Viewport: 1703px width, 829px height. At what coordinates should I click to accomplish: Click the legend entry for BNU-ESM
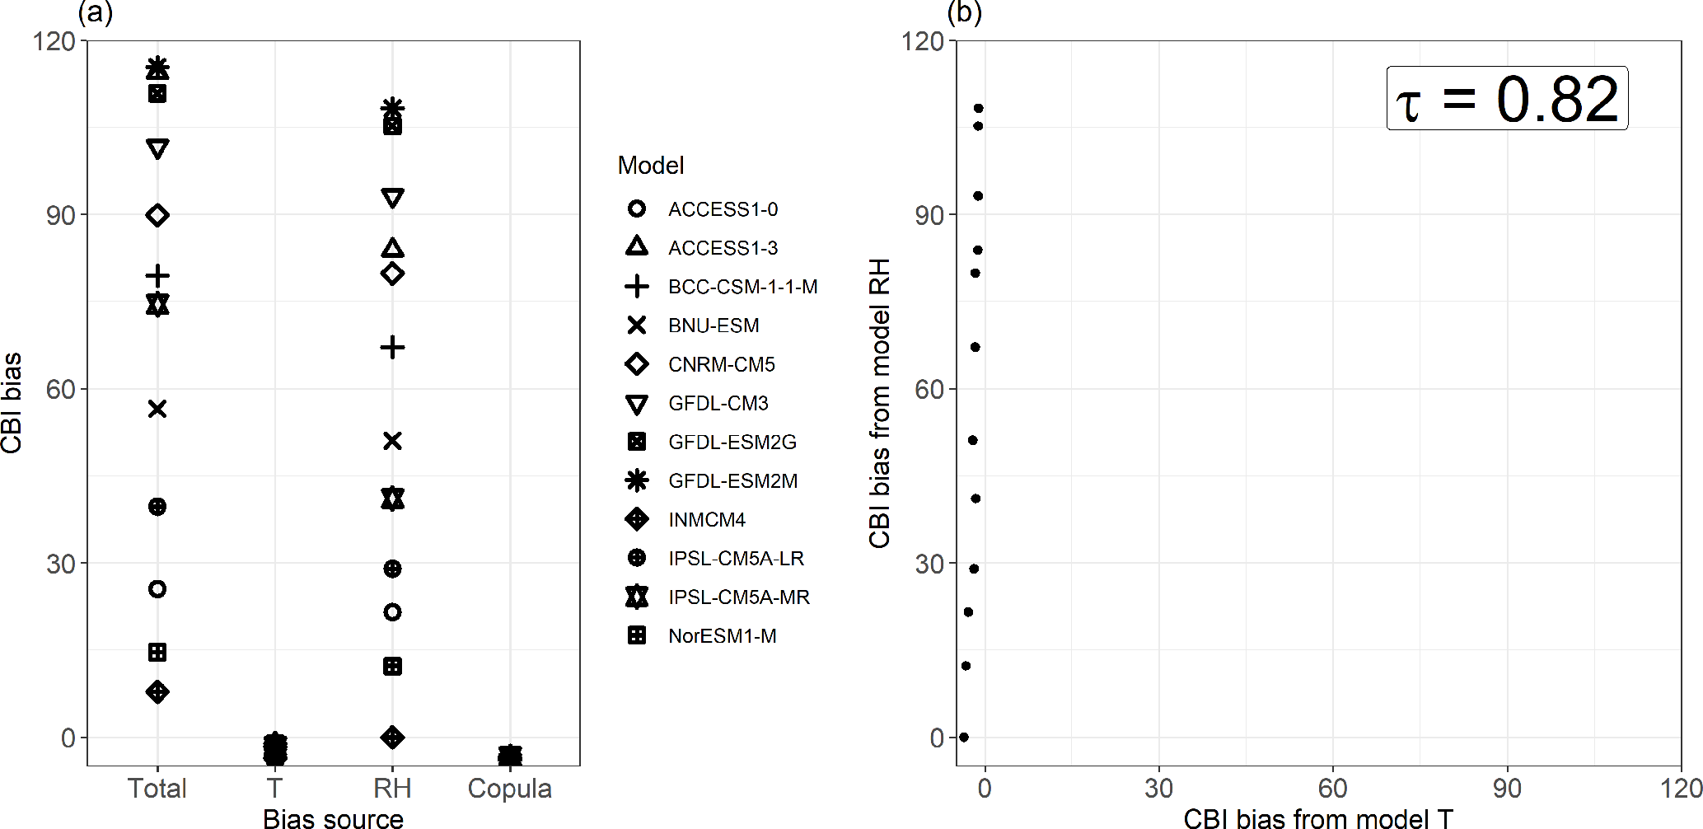coord(713,326)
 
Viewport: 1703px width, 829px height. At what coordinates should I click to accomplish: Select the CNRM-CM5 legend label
coord(721,364)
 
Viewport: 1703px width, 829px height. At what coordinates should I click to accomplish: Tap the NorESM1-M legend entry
coord(722,636)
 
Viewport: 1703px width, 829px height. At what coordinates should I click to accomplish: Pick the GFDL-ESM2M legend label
coord(732,481)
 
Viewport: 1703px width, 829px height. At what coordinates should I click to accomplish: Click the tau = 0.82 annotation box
coord(1507,99)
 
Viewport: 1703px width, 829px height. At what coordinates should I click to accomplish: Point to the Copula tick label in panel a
coord(509,789)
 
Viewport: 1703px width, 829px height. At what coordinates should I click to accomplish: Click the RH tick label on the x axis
coord(392,789)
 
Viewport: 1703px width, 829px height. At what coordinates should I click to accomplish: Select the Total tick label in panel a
coord(157,789)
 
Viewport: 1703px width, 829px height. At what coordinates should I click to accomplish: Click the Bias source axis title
coord(333,818)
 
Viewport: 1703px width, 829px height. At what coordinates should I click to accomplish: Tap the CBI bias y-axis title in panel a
coord(12,403)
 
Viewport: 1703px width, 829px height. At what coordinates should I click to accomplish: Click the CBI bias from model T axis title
coord(1317,818)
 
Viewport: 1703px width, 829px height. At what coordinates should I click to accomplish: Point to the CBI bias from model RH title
coord(880,403)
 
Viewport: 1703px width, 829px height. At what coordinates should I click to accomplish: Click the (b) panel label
coord(964,12)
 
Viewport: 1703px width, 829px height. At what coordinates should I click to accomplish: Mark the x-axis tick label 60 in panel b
coord(1332,789)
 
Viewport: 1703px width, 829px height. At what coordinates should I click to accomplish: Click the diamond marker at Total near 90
coord(157,215)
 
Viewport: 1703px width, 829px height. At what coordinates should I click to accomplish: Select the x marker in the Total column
coord(157,409)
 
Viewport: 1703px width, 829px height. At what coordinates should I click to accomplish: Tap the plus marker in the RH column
coord(392,347)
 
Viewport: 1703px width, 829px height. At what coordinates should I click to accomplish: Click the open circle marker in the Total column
coord(157,588)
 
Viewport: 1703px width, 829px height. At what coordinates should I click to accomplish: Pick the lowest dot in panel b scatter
coord(964,737)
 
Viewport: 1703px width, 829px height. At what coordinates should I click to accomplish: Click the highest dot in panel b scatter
coord(979,108)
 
